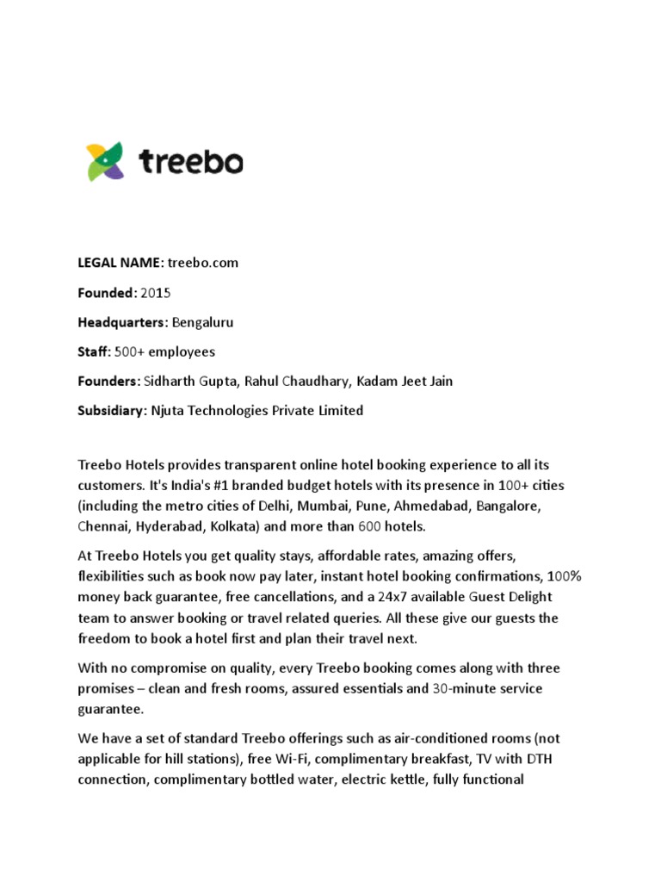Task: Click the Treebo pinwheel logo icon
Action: (x=105, y=162)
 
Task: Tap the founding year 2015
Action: (x=157, y=293)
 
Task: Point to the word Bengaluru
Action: (x=203, y=322)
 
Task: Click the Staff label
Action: (x=95, y=351)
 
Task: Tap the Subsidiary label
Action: (x=112, y=410)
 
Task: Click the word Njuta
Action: (x=170, y=410)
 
